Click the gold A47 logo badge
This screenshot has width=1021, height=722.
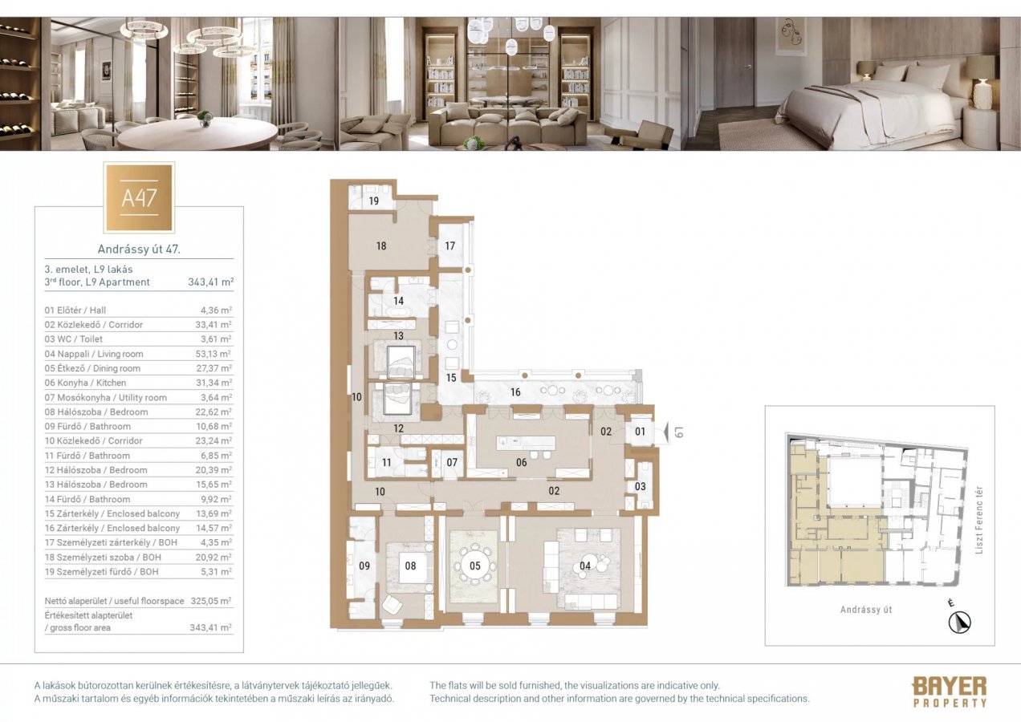click(139, 197)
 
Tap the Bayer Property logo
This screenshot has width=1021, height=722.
click(949, 692)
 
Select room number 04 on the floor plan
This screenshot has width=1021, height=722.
click(585, 566)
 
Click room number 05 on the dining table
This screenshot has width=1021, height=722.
click(475, 566)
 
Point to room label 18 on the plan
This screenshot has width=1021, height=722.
click(381, 245)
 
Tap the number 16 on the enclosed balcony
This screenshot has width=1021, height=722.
click(515, 391)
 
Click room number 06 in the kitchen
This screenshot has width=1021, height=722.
click(522, 462)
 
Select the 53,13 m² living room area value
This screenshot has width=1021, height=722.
click(216, 354)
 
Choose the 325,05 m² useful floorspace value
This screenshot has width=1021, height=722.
click(214, 601)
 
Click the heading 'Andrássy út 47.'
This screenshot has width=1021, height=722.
click(139, 249)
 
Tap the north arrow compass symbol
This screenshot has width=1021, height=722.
click(959, 620)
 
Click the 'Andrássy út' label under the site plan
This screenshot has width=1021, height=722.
click(866, 610)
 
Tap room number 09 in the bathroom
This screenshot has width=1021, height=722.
click(364, 566)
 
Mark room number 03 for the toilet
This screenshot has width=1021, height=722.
click(640, 486)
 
